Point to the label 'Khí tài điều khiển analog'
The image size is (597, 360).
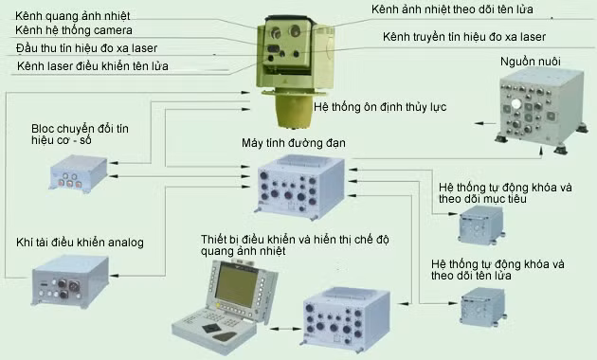click(x=81, y=243)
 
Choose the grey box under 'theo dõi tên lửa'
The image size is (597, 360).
click(x=480, y=307)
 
